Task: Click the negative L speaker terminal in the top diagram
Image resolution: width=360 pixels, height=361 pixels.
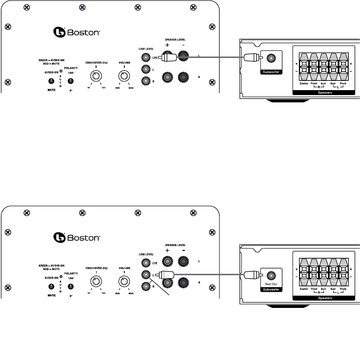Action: pos(184,57)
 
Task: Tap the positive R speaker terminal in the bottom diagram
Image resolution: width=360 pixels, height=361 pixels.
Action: pos(168,282)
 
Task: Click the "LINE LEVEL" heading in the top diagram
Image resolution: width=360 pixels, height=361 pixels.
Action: pos(145,47)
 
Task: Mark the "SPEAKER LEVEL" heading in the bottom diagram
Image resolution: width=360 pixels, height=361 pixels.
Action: pos(176,245)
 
